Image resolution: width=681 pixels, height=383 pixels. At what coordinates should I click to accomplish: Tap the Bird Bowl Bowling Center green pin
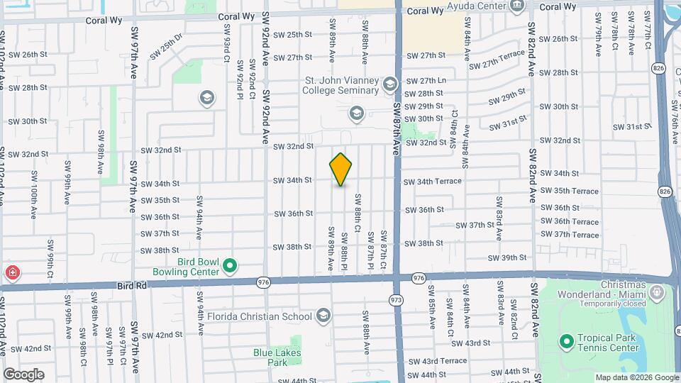point(229,267)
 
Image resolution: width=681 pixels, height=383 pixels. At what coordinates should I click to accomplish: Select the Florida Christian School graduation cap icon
point(323,316)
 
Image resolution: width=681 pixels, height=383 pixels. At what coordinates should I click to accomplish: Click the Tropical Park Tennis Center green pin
point(566,343)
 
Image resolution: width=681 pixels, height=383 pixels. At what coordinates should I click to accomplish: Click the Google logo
point(23,374)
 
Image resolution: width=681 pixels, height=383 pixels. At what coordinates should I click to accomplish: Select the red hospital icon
point(12,272)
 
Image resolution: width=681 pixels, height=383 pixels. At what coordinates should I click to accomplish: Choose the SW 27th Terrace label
point(497,60)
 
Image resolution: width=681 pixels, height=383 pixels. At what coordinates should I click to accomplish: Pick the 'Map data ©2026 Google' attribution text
point(636,377)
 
